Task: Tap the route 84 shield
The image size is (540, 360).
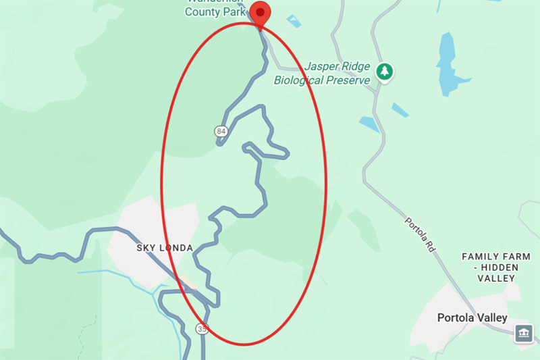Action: [221, 130]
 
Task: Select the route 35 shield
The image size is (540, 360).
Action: [202, 329]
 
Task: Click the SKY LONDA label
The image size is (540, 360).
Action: [165, 248]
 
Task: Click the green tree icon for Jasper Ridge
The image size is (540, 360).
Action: [385, 71]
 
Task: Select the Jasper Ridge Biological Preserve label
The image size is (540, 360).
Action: [323, 74]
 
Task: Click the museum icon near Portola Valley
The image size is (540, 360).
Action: [524, 333]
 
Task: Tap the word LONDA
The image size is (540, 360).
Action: [178, 248]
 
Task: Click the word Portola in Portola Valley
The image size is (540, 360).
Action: [456, 317]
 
